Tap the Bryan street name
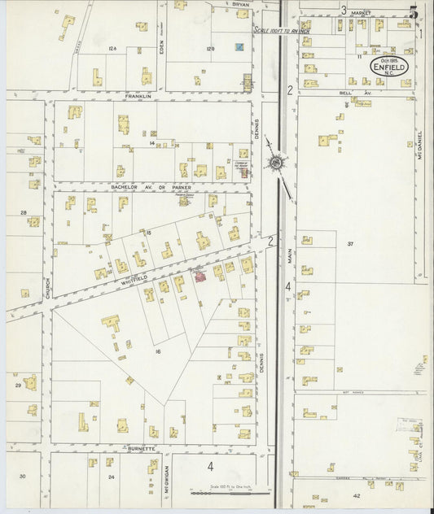coord(241,4)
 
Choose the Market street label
coord(361,13)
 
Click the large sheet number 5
coord(414,12)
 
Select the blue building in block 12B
coord(239,47)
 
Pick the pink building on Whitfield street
coord(198,278)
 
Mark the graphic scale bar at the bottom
coord(223,493)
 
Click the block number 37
coord(351,244)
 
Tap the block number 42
coord(356,495)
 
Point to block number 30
coord(24,476)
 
